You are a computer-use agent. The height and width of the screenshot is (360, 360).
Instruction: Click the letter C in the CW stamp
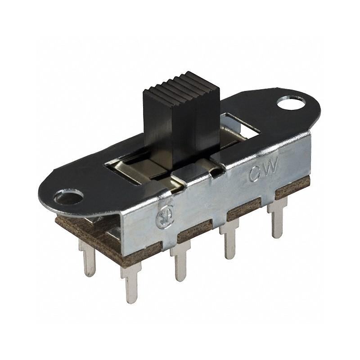pos(255,175)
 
